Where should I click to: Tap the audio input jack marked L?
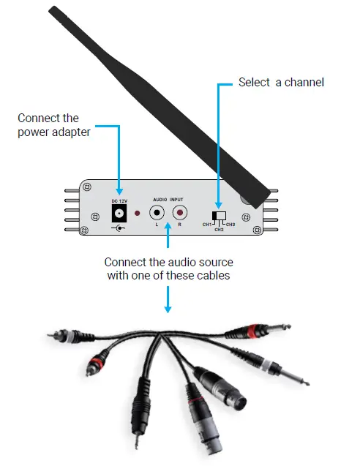tap(157, 213)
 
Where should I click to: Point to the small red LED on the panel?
tap(137, 213)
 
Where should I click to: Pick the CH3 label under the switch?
tap(230, 223)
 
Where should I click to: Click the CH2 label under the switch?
tap(218, 229)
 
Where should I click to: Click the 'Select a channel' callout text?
tap(281, 83)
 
